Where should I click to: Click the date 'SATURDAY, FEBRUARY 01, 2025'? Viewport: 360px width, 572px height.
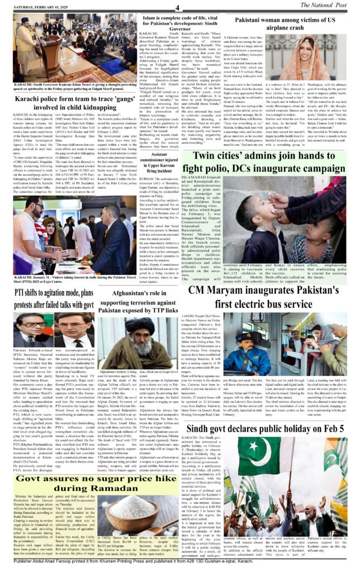coord(38,7)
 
